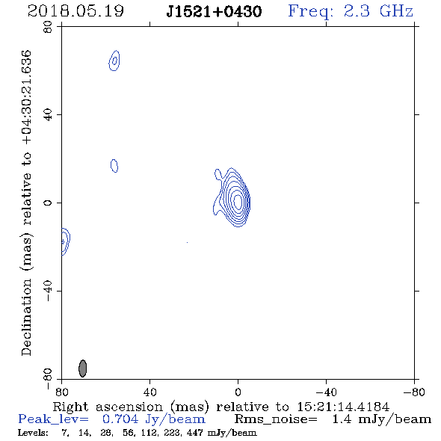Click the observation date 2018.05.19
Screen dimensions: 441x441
pos(75,11)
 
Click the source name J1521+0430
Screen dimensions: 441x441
pos(214,12)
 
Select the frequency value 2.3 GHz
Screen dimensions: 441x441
pos(378,11)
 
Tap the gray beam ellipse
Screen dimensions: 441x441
pos(82,368)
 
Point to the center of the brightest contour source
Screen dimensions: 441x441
pos(238,201)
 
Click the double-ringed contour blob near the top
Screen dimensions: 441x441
pos(114,61)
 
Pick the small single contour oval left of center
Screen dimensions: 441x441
pos(114,166)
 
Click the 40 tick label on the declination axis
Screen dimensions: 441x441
pos(48,115)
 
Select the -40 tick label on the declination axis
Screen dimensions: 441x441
pos(48,291)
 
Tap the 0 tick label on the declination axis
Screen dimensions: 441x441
pos(48,203)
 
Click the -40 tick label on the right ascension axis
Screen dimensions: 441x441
pos(326,392)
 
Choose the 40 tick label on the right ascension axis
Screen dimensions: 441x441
pos(149,392)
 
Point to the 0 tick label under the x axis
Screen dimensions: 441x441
pos(238,392)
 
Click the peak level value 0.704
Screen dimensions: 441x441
pos(120,419)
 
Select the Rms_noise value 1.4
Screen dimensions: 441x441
pos(342,419)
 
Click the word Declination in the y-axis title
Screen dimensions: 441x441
pos(26,317)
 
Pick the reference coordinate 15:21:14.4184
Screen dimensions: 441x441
pos(343,407)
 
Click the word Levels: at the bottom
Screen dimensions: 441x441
pos(33,433)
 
